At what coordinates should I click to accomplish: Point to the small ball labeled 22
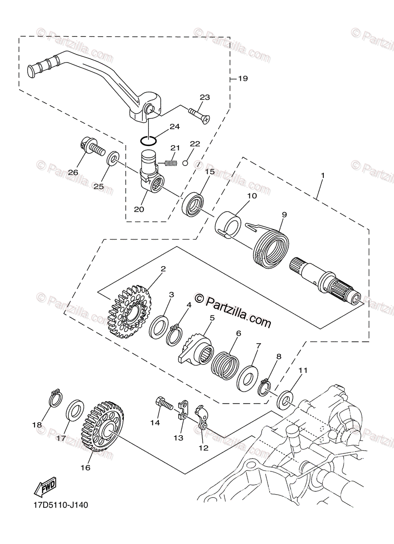pyautogui.click(x=185, y=163)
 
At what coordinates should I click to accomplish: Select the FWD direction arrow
pyautogui.click(x=45, y=488)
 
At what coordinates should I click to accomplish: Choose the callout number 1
pyautogui.click(x=322, y=175)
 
